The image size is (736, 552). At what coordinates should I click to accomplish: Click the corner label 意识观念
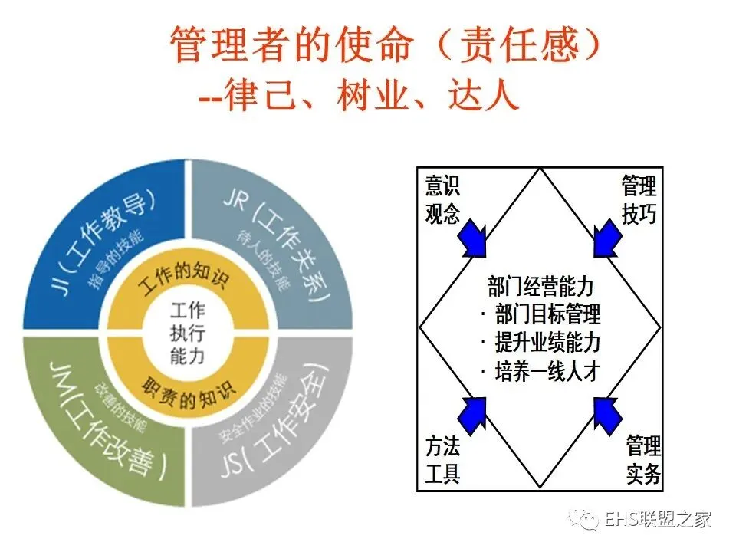[x=442, y=199]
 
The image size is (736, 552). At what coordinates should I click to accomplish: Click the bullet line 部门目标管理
[x=541, y=314]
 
